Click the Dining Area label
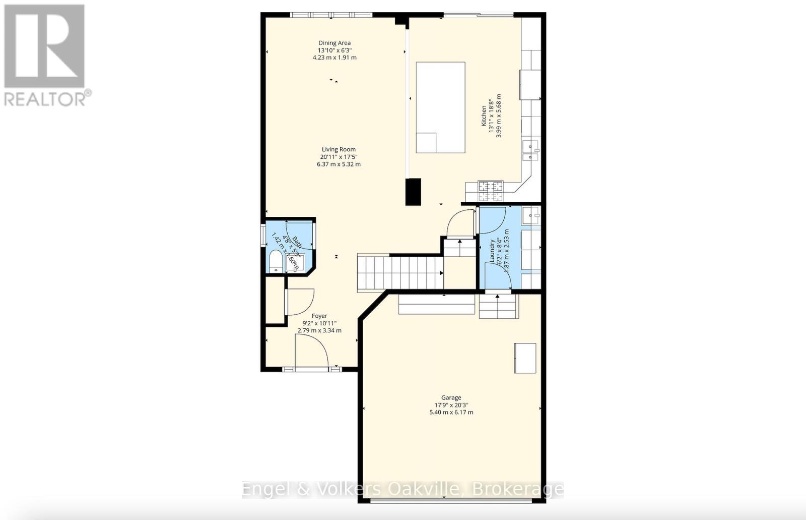click(334, 43)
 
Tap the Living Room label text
click(339, 149)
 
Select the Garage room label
click(451, 398)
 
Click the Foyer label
click(319, 316)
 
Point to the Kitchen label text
click(484, 115)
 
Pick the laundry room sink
click(530, 215)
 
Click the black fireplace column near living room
click(413, 192)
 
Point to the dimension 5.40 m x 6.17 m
click(451, 412)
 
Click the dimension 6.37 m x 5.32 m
click(339, 164)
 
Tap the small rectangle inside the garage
click(525, 358)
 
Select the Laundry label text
click(492, 251)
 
